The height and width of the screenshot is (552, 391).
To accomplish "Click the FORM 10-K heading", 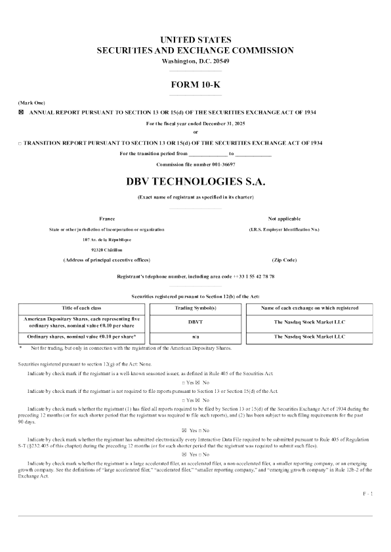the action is coord(195,84).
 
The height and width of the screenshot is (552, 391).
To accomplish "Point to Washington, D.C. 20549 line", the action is coord(195,61).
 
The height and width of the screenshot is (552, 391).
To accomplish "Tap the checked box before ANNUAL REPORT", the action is coord(20,113).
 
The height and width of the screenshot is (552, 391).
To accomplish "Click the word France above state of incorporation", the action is coord(107,218).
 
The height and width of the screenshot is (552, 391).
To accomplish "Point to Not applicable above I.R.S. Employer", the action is coord(284,218).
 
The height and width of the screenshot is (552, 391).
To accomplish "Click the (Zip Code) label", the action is coord(284,260).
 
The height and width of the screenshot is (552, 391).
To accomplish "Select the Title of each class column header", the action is coord(85,307).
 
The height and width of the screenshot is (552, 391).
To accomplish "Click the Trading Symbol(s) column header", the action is coord(195,307).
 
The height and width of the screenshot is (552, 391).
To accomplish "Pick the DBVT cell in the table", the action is coord(195,322).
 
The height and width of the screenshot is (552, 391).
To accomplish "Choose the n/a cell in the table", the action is coord(195,337).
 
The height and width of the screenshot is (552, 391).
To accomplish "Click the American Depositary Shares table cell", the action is coord(85,322).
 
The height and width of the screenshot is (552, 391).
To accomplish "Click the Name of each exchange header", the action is coord(309,307).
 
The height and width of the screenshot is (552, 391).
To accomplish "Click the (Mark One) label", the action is coord(31,103).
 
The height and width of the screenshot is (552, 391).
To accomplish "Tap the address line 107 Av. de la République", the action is coord(107,240).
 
